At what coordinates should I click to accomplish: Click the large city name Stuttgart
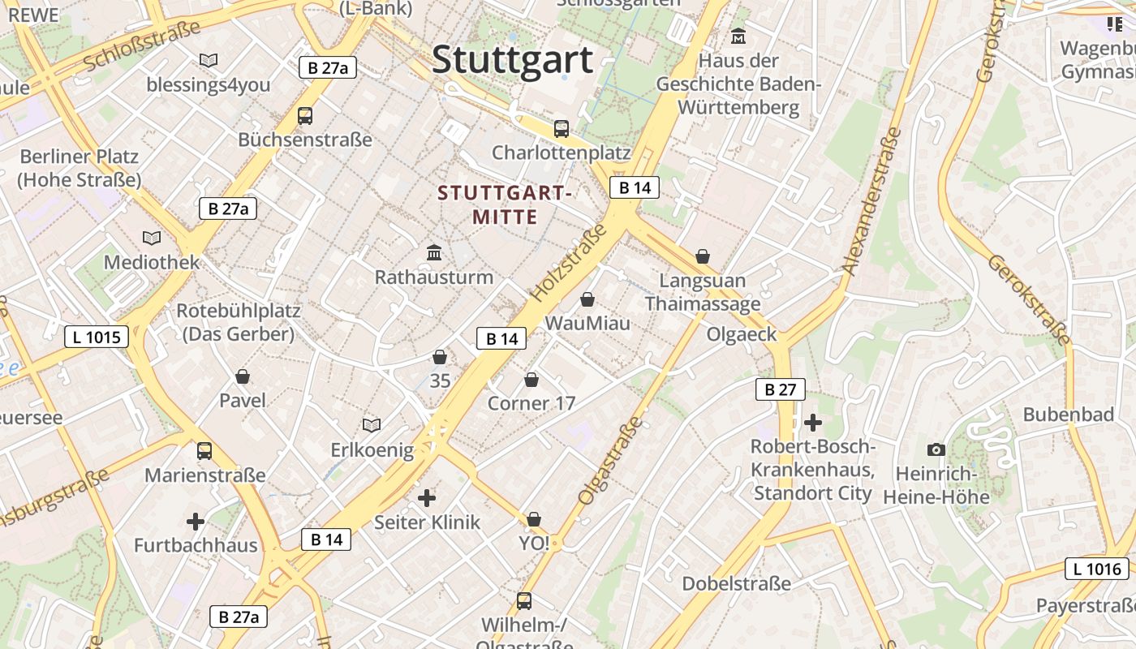coord(512,60)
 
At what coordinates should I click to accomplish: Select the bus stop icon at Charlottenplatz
coord(561,128)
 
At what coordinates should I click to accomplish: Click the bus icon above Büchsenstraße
coord(305,115)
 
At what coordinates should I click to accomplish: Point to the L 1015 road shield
coord(97,336)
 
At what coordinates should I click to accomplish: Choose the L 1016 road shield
coord(1097,569)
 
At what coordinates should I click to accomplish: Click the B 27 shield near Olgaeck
coord(780,389)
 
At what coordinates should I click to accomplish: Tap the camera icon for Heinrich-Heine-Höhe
coord(936,449)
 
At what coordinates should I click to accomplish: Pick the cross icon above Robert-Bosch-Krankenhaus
coord(812,422)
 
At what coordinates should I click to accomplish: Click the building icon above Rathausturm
coord(434,252)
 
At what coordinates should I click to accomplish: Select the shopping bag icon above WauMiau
coord(587,299)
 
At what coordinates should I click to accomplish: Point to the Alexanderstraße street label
coord(872,201)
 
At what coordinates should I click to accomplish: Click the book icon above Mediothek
coord(152,238)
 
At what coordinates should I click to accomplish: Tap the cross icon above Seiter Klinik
coord(427,497)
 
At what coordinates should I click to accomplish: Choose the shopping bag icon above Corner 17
coord(531,379)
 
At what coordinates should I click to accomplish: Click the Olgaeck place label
coord(741,334)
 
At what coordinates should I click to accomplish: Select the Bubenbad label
coord(1068,415)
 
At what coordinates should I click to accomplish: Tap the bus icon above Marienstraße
coord(204,450)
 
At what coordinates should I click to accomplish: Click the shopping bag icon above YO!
coord(534,518)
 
